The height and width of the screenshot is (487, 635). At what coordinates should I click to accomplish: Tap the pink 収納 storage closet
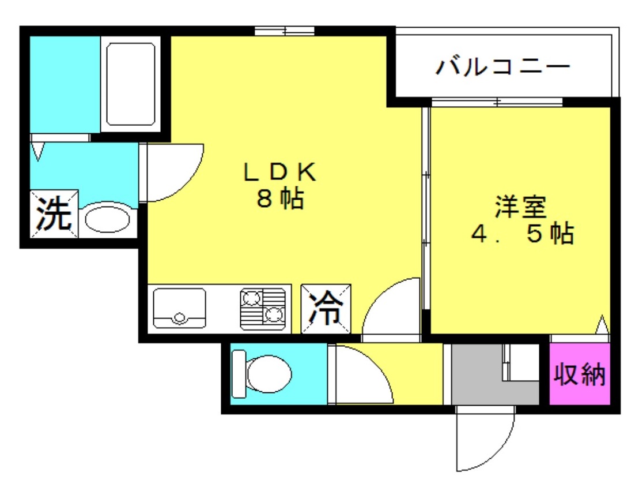point(579,374)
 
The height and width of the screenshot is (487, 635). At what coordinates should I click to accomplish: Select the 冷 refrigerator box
point(326,309)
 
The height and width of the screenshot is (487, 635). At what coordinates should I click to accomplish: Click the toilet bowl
point(263,373)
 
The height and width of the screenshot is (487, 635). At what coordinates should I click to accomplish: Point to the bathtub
point(130,83)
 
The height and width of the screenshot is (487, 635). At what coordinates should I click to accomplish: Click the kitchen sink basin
point(179,308)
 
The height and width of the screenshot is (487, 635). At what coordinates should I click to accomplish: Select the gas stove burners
point(263,308)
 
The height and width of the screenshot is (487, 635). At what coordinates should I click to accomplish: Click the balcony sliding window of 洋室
point(497,103)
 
